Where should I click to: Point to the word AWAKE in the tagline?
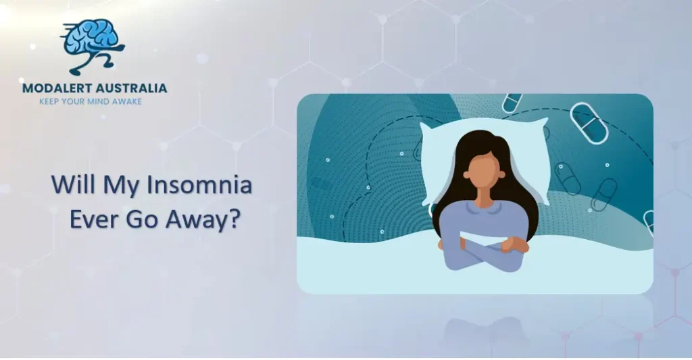127,101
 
